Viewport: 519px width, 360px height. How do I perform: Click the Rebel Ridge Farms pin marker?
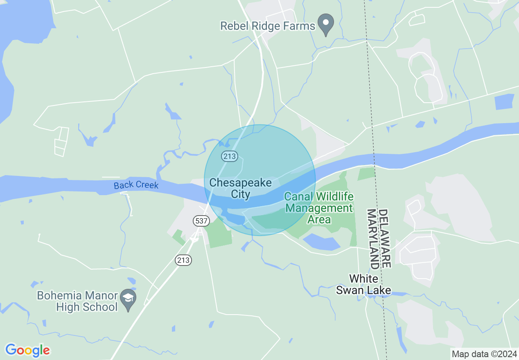(x=326, y=24)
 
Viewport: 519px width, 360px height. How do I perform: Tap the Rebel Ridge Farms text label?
(x=268, y=26)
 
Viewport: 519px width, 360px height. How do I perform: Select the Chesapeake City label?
(x=241, y=188)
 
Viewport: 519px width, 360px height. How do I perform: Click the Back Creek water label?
(x=136, y=185)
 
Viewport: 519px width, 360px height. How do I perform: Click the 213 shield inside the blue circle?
(x=230, y=156)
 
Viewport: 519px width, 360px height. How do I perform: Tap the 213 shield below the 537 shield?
(x=184, y=260)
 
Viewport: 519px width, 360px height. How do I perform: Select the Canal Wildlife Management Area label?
(x=319, y=208)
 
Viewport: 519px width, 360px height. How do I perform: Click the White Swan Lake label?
(x=363, y=285)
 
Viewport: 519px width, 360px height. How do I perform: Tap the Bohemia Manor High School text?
(x=77, y=301)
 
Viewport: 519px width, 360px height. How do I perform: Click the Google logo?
(x=27, y=350)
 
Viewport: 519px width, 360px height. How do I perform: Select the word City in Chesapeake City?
(x=241, y=194)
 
